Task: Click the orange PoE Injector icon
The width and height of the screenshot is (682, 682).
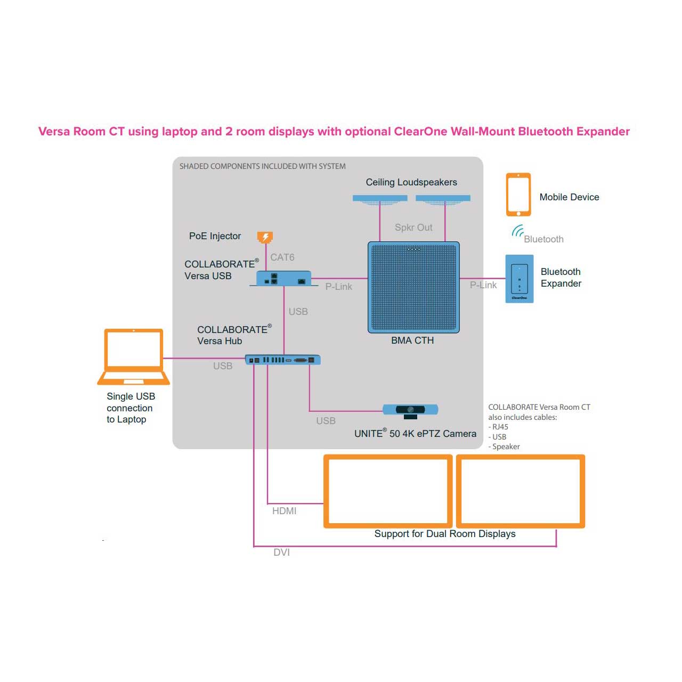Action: tap(265, 237)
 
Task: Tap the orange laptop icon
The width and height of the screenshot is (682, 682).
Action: tap(134, 356)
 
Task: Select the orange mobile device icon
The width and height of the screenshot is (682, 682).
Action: tap(518, 194)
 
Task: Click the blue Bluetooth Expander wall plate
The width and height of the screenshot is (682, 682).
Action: tap(519, 279)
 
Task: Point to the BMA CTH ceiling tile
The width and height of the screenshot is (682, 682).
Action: tap(413, 288)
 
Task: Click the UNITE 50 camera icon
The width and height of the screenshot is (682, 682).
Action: tap(410, 410)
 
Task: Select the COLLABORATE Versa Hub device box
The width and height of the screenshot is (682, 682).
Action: tap(283, 360)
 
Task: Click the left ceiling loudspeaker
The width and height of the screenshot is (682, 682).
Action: tap(380, 199)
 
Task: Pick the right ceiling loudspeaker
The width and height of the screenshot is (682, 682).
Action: tap(443, 199)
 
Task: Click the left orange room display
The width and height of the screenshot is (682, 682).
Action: tap(388, 491)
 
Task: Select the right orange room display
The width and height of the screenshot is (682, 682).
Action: tap(521, 491)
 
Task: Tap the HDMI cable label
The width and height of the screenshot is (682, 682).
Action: tap(284, 511)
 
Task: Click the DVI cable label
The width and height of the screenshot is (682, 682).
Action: tap(281, 553)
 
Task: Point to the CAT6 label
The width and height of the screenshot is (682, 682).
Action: tap(282, 257)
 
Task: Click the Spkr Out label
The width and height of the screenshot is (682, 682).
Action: tap(413, 228)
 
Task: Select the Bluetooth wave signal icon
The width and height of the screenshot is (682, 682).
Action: tap(517, 231)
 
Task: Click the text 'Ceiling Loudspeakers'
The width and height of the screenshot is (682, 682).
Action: tap(411, 182)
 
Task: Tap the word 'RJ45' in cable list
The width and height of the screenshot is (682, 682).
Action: tap(500, 427)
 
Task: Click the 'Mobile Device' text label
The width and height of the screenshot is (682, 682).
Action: tap(569, 197)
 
